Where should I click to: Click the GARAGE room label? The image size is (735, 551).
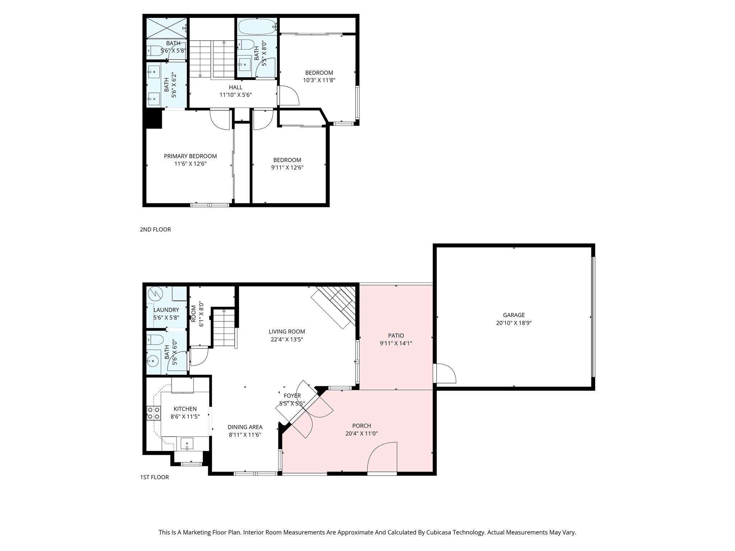tap(514, 315)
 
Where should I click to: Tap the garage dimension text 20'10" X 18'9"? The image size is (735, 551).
tap(514, 323)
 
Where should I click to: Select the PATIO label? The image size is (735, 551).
tap(396, 335)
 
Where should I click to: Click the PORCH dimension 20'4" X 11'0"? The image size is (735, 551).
tap(361, 433)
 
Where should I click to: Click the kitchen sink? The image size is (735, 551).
tap(187, 444)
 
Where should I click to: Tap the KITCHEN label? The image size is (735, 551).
tap(185, 409)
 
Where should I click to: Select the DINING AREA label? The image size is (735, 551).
tap(245, 427)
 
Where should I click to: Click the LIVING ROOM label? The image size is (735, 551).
tap(287, 331)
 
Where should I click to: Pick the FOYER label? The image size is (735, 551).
tap(292, 396)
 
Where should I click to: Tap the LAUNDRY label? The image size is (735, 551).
tap(166, 310)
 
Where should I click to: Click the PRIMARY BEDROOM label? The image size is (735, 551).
tap(190, 156)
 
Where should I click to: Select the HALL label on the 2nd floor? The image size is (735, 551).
tap(235, 87)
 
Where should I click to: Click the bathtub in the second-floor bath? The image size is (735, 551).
tap(257, 26)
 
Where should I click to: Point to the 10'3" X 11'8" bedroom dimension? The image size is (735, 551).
tap(319, 80)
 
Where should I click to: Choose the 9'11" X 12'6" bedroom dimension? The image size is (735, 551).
tap(287, 168)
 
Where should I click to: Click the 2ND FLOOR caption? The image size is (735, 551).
tap(155, 229)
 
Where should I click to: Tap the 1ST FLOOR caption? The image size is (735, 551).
tap(154, 477)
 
